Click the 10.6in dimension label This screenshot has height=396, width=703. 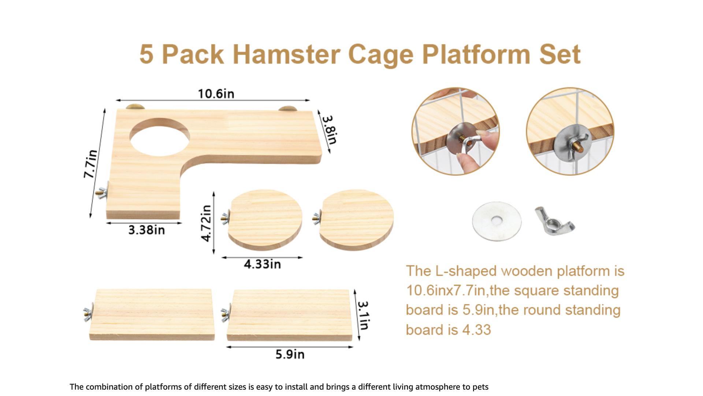(x=216, y=94)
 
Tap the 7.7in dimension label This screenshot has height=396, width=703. (x=90, y=164)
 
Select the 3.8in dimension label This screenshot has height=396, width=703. (x=329, y=130)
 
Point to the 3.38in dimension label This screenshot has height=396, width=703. (x=146, y=230)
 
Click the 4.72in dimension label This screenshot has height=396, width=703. (x=207, y=223)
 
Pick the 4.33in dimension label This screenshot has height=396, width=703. (x=262, y=264)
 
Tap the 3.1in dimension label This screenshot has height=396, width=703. (x=364, y=316)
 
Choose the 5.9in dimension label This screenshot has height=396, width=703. (x=290, y=354)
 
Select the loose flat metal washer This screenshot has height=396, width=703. (x=497, y=220)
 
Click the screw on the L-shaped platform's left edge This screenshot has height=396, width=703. (x=103, y=190)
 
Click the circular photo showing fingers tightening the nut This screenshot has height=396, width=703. (x=455, y=131)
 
